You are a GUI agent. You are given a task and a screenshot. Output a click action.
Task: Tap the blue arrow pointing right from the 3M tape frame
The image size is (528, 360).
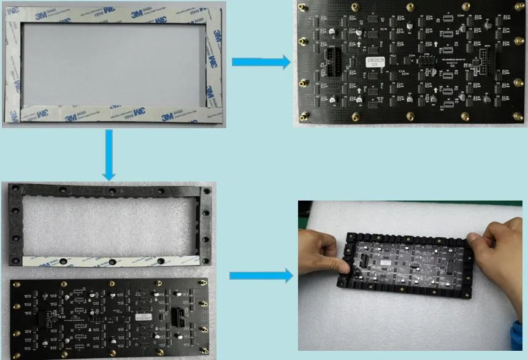point(260,61)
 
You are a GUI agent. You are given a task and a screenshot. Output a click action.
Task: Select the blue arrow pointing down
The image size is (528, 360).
point(109,154)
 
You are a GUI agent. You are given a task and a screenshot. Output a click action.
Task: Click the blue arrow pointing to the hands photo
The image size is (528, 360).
point(260,276)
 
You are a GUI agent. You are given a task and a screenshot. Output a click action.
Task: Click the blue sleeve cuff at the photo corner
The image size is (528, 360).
point(519,340)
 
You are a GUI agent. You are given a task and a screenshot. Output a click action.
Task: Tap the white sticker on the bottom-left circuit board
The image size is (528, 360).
point(143,317)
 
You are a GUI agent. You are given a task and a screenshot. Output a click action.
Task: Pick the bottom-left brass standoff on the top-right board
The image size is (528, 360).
point(303,115)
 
